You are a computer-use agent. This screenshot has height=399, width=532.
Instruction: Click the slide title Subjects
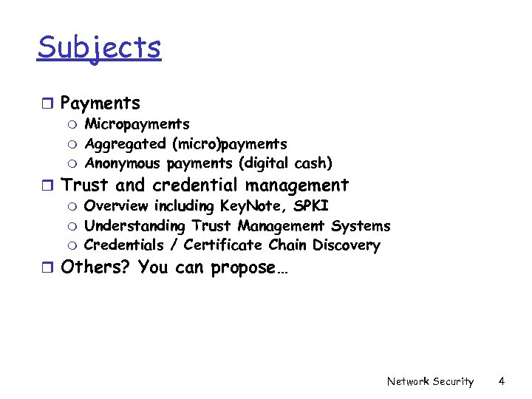pyautogui.click(x=99, y=48)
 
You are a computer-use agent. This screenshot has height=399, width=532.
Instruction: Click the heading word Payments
pyautogui.click(x=100, y=103)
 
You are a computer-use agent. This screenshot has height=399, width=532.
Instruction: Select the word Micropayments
pyautogui.click(x=137, y=124)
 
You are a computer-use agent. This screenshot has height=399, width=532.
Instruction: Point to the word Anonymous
pyautogui.click(x=123, y=163)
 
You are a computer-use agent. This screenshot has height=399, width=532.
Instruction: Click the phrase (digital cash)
pyautogui.click(x=291, y=163)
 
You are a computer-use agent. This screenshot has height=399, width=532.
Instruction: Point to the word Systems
pyautogui.click(x=361, y=225)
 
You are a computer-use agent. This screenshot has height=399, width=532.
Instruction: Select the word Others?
pyautogui.click(x=96, y=267)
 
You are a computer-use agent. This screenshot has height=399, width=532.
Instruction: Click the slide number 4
pyautogui.click(x=502, y=381)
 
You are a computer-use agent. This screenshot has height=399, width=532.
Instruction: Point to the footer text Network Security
pyautogui.click(x=430, y=381)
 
